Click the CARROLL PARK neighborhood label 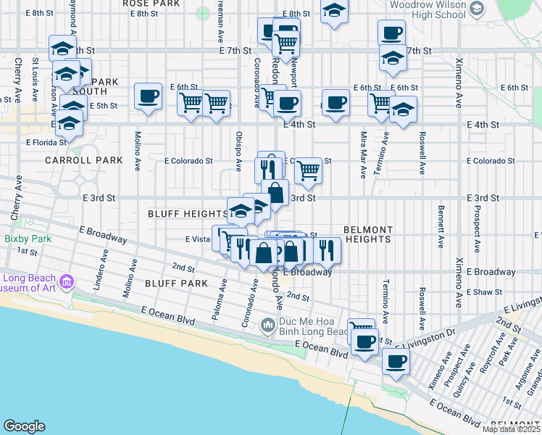(x=75, y=159)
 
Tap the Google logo (x=24, y=426)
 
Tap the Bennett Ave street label (x=440, y=228)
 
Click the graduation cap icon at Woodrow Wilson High (x=477, y=9)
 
